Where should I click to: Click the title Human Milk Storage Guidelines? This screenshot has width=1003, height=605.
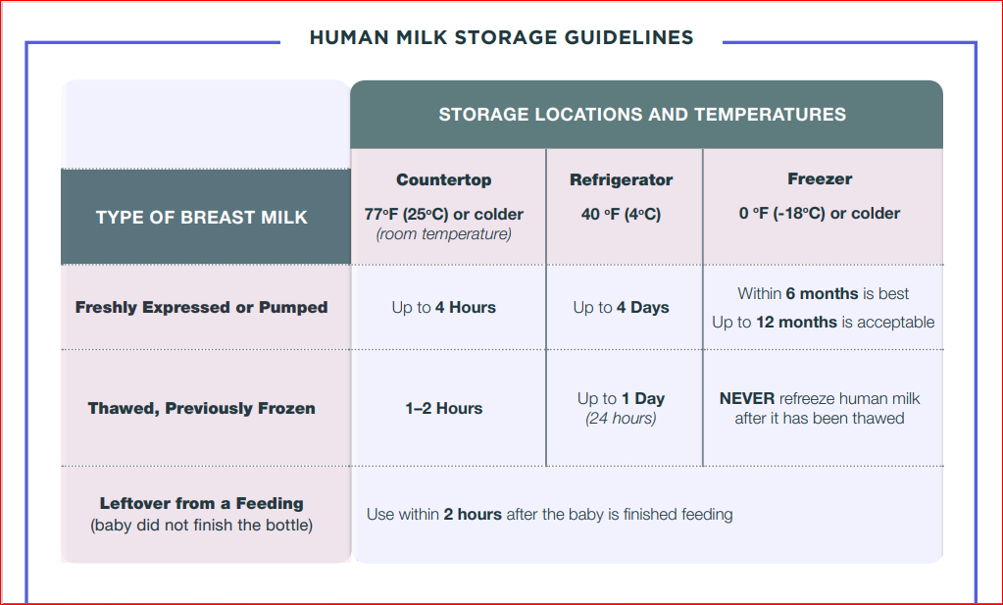(x=502, y=37)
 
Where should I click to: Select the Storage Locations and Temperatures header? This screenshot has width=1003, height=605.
(x=642, y=115)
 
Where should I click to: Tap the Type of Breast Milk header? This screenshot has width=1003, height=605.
(x=202, y=218)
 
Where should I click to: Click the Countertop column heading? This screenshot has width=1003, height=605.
(x=444, y=179)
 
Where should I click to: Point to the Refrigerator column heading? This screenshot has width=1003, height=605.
(x=622, y=179)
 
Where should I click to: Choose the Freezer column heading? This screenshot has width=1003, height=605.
(x=820, y=178)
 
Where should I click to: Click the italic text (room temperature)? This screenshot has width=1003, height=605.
(x=444, y=234)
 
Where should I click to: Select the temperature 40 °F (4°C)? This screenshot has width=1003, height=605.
(x=622, y=214)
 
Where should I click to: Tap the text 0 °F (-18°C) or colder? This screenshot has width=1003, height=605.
(x=820, y=213)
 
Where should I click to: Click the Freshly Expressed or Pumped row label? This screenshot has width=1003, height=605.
(x=202, y=307)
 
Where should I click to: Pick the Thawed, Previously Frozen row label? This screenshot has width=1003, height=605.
(x=202, y=408)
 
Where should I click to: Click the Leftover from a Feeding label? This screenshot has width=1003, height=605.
(x=202, y=503)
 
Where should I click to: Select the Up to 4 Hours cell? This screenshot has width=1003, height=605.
(x=444, y=307)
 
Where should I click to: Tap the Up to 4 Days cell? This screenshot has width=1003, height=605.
(x=622, y=307)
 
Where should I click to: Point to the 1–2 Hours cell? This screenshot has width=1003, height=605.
(x=444, y=408)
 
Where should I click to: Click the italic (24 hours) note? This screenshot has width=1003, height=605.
(x=622, y=419)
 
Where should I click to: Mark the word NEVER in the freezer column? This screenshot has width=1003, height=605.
(x=747, y=398)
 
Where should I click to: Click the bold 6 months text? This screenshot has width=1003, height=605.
(x=822, y=293)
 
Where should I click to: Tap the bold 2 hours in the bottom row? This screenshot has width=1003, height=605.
(x=473, y=514)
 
